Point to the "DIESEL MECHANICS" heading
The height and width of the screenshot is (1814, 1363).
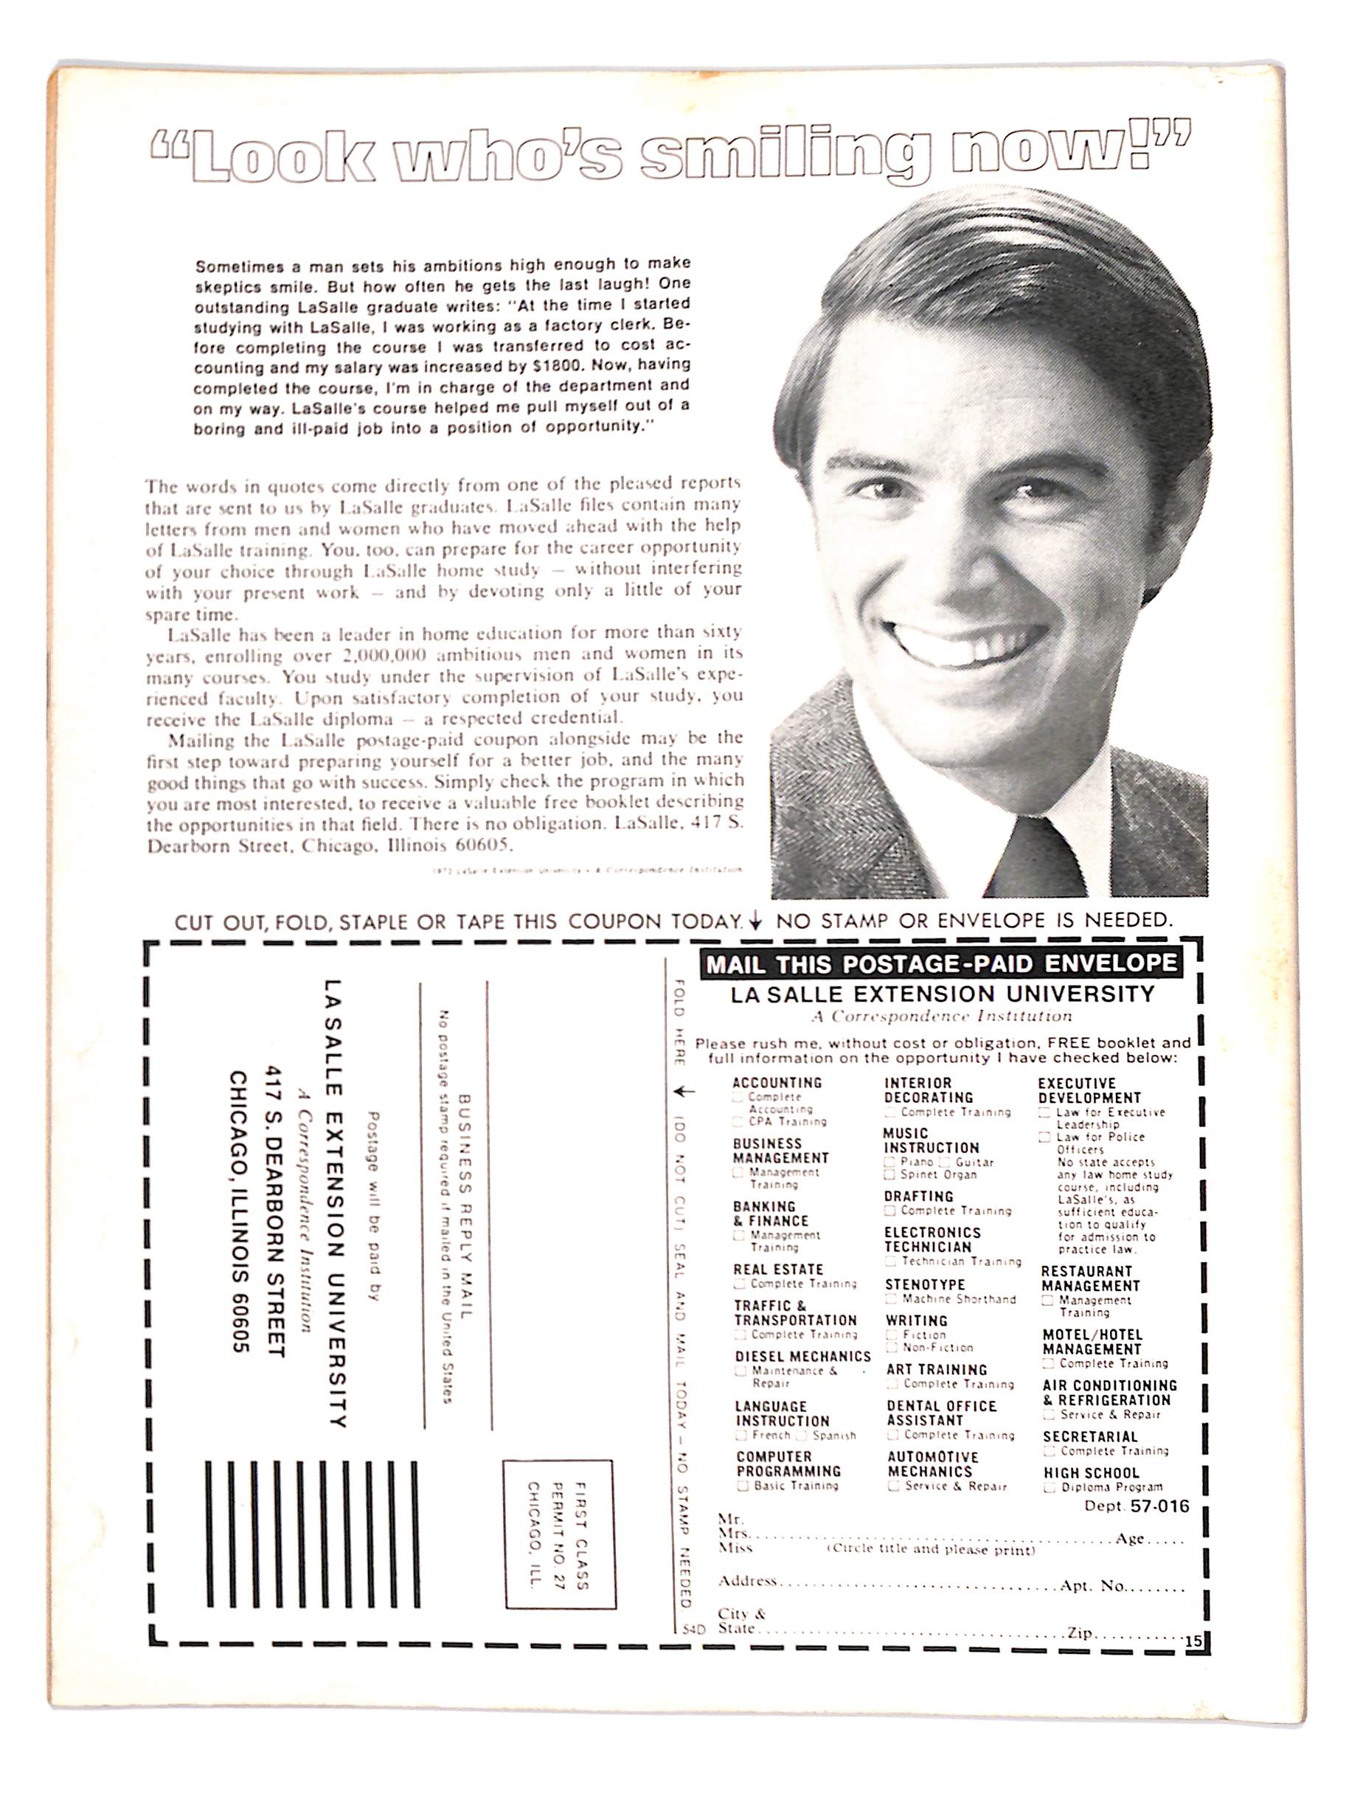point(802,1357)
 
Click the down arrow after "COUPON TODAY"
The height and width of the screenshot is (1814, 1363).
point(755,922)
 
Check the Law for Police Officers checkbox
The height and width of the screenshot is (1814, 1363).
point(1044,1138)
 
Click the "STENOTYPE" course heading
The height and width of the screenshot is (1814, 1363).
point(924,1284)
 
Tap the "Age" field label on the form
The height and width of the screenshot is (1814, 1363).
point(1129,1538)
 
